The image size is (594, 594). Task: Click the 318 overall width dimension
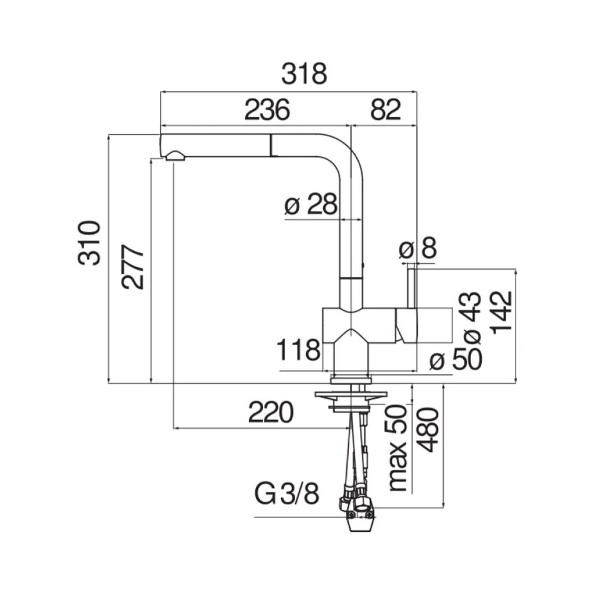(x=304, y=74)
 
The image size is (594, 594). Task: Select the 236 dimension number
(x=267, y=110)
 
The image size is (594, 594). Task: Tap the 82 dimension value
(x=386, y=110)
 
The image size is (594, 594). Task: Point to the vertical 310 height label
(x=90, y=242)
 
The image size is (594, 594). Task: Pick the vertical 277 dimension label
(x=133, y=267)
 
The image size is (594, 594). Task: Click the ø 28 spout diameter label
(x=311, y=204)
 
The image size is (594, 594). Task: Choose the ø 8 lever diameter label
(x=418, y=248)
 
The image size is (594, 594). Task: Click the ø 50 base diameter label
(x=456, y=359)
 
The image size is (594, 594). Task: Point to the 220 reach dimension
(x=271, y=412)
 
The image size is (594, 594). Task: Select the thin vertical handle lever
(x=412, y=288)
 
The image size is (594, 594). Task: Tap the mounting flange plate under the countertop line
(x=351, y=395)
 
